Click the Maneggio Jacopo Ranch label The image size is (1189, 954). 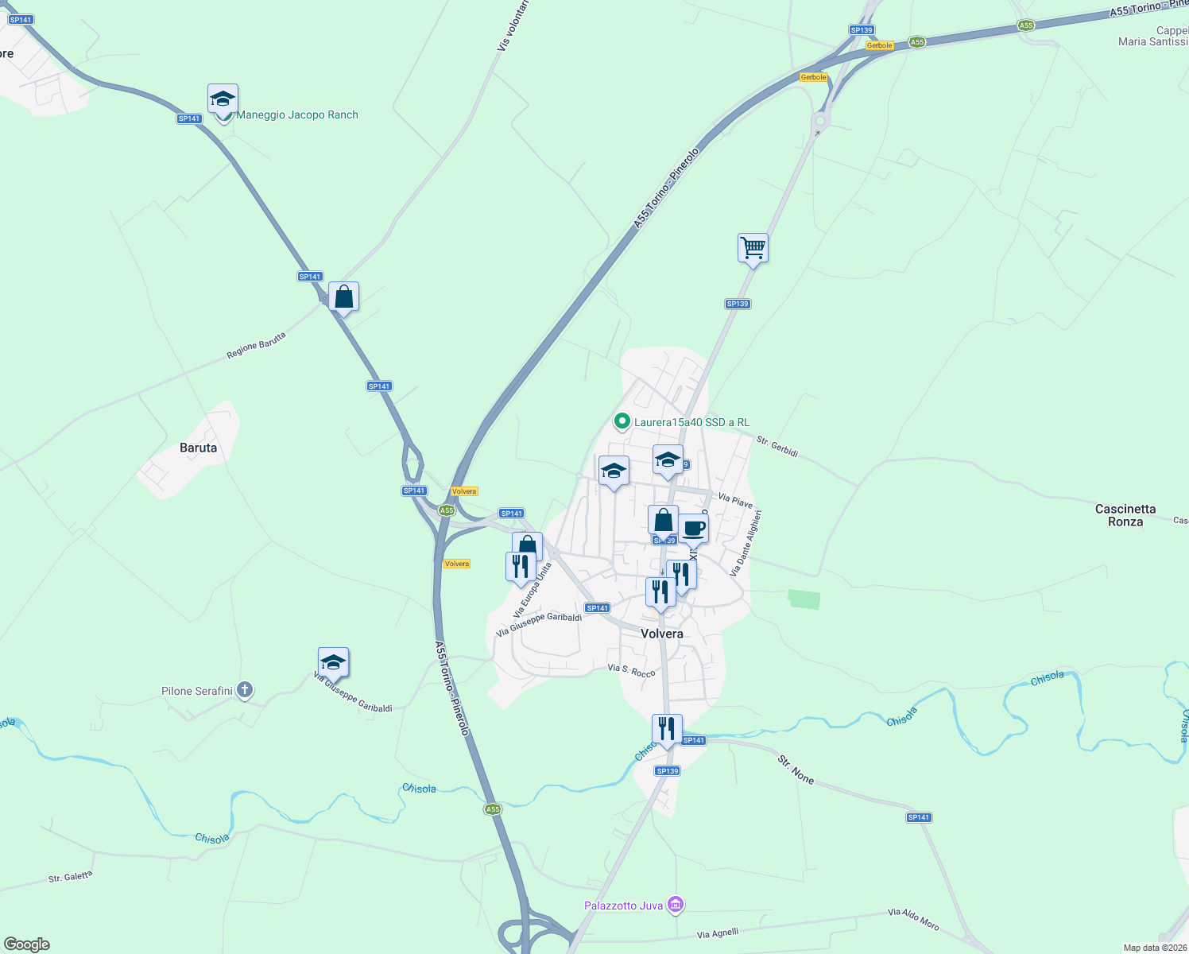pos(297,115)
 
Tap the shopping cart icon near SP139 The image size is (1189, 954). pos(752,248)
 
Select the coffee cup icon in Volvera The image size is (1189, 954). pos(693,528)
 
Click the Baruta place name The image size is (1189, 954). pos(198,448)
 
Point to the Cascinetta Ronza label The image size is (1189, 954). pos(1125,515)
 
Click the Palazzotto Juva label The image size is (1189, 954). pos(624,906)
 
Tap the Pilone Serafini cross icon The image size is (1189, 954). pos(245,690)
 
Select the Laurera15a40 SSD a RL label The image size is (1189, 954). pos(691,422)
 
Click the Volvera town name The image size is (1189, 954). pos(661,634)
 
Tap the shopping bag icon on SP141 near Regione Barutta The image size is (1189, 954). pos(343,297)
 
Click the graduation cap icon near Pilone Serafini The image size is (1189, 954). pos(333,662)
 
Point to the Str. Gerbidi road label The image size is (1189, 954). pos(777,446)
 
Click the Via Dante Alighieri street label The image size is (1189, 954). pos(746,543)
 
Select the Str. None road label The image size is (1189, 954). pos(796,770)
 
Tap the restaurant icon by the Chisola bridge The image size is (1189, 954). pos(666,728)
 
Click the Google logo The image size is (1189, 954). pos(27,944)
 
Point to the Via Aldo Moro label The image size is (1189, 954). pos(913,919)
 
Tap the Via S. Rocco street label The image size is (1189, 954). pos(631,671)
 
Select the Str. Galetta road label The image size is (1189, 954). pos(70,877)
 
